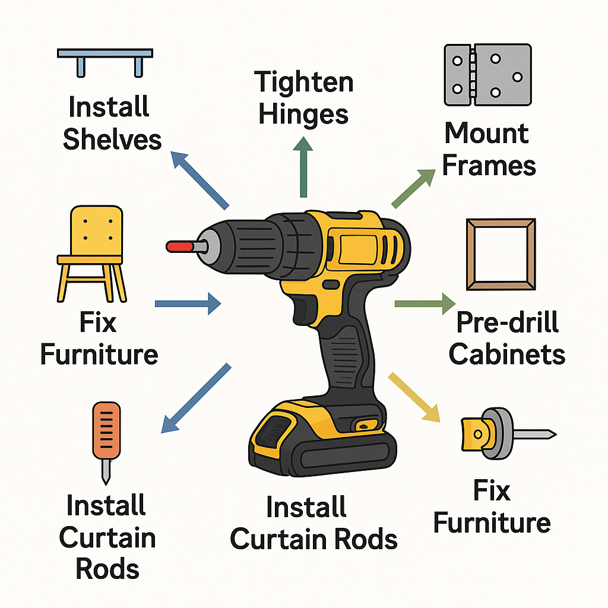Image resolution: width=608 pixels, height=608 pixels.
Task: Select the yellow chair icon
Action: tap(92, 254)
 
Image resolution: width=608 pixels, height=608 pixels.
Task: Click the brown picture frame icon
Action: tap(501, 254)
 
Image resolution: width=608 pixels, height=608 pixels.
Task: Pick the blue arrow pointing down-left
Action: tap(197, 397)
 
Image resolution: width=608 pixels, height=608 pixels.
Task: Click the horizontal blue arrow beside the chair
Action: tap(187, 304)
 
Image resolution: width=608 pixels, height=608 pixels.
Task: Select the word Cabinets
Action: tap(506, 354)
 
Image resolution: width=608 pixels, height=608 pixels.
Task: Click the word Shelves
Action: tap(112, 140)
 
